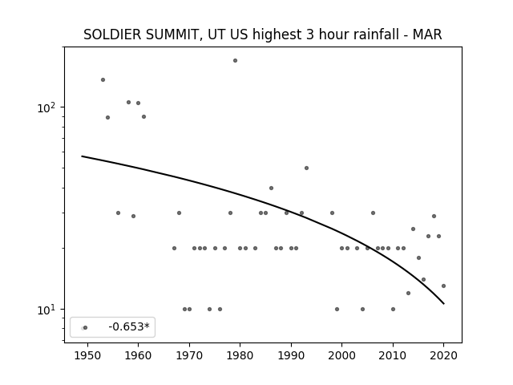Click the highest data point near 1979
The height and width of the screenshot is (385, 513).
pos(235,61)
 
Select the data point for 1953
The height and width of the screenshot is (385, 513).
pos(103,80)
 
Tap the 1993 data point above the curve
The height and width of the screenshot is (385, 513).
pos(306,168)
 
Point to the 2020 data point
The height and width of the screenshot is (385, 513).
pos(443,286)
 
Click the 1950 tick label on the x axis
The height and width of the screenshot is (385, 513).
pos(87,355)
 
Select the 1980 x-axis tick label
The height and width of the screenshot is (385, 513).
pos(240,355)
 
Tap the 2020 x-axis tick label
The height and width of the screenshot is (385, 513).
pos(443,355)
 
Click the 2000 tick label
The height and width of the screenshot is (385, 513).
pos(342,355)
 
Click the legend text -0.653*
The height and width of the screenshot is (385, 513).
pos(129,326)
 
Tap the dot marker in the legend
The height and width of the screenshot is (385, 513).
pos(86,327)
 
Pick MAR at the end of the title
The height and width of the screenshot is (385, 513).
pos(427,34)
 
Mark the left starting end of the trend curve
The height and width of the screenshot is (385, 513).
pos(82,156)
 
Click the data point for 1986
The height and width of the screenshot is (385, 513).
pos(271,188)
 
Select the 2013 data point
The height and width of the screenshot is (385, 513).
pos(408,293)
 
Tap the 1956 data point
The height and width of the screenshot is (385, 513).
pos(118,213)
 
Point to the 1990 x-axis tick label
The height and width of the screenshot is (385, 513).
pos(291,355)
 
